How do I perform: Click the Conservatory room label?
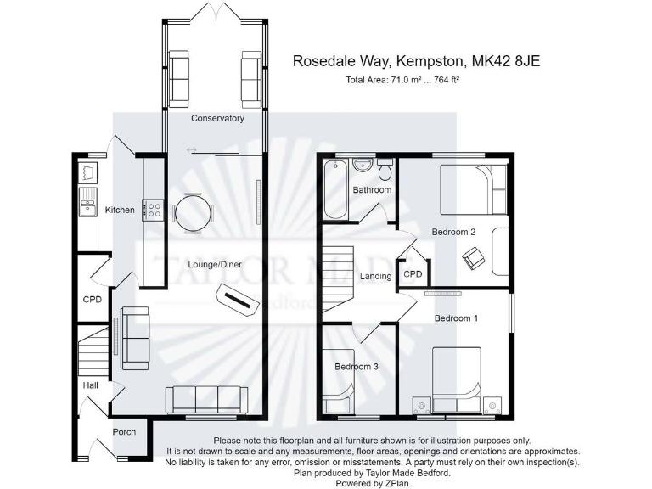click(x=217, y=118)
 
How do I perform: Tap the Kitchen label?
click(x=120, y=210)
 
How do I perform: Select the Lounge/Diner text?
click(x=214, y=265)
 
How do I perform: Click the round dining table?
click(x=192, y=213)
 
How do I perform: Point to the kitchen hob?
click(x=153, y=209)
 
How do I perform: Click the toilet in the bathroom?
click(x=385, y=171)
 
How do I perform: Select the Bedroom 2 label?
click(x=453, y=232)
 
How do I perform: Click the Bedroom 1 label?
click(x=457, y=318)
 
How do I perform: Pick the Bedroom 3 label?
click(x=357, y=367)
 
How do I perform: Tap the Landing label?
click(x=376, y=276)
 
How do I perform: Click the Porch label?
click(x=124, y=432)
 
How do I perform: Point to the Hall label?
click(x=91, y=385)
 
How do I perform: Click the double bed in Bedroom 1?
click(x=458, y=374)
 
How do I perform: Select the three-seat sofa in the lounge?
click(x=206, y=397)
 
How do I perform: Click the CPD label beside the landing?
click(x=413, y=274)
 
